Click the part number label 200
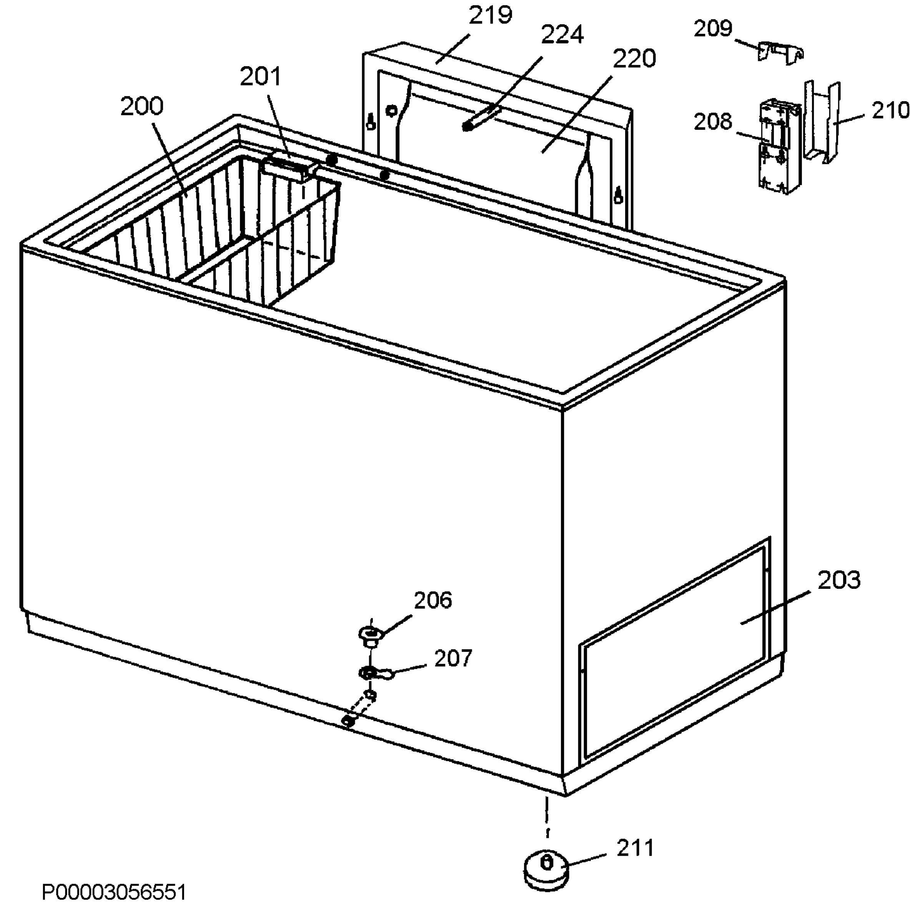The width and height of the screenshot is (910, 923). (x=141, y=106)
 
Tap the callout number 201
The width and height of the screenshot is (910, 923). (x=261, y=77)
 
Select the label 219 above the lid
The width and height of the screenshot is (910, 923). (x=490, y=15)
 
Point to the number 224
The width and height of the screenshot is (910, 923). (x=562, y=35)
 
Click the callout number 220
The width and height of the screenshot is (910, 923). (x=634, y=58)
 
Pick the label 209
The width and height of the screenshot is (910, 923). (x=713, y=29)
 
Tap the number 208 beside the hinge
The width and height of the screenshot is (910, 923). (x=713, y=122)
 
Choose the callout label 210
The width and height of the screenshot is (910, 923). (x=890, y=110)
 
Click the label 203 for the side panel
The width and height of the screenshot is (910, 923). (x=839, y=580)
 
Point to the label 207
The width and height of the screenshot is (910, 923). (x=453, y=658)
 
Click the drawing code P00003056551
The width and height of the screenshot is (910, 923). (x=114, y=892)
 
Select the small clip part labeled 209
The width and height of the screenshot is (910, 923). (x=780, y=53)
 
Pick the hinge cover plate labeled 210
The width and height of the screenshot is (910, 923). (x=822, y=122)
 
